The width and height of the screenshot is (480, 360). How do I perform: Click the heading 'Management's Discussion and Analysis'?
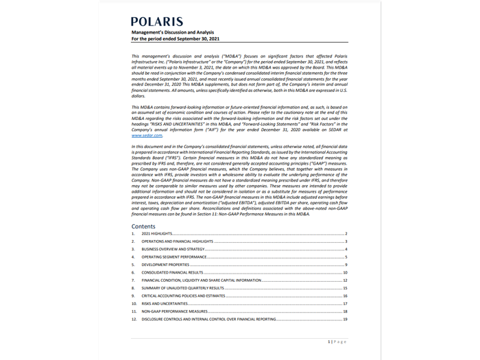173,32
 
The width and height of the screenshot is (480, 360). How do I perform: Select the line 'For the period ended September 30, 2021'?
176,38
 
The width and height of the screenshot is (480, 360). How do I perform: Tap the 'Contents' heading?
143,226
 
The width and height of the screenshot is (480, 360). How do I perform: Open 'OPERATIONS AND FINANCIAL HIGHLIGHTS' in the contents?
178,242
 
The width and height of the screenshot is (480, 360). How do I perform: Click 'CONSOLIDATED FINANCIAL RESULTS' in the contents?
173,273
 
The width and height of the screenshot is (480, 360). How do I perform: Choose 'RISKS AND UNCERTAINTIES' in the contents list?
165,304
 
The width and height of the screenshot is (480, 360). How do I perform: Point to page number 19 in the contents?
346,320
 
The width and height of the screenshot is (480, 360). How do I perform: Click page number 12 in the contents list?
346,280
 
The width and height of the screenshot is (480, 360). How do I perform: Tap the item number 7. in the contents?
133,280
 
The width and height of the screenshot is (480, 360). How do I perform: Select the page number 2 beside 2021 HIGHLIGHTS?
347,235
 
